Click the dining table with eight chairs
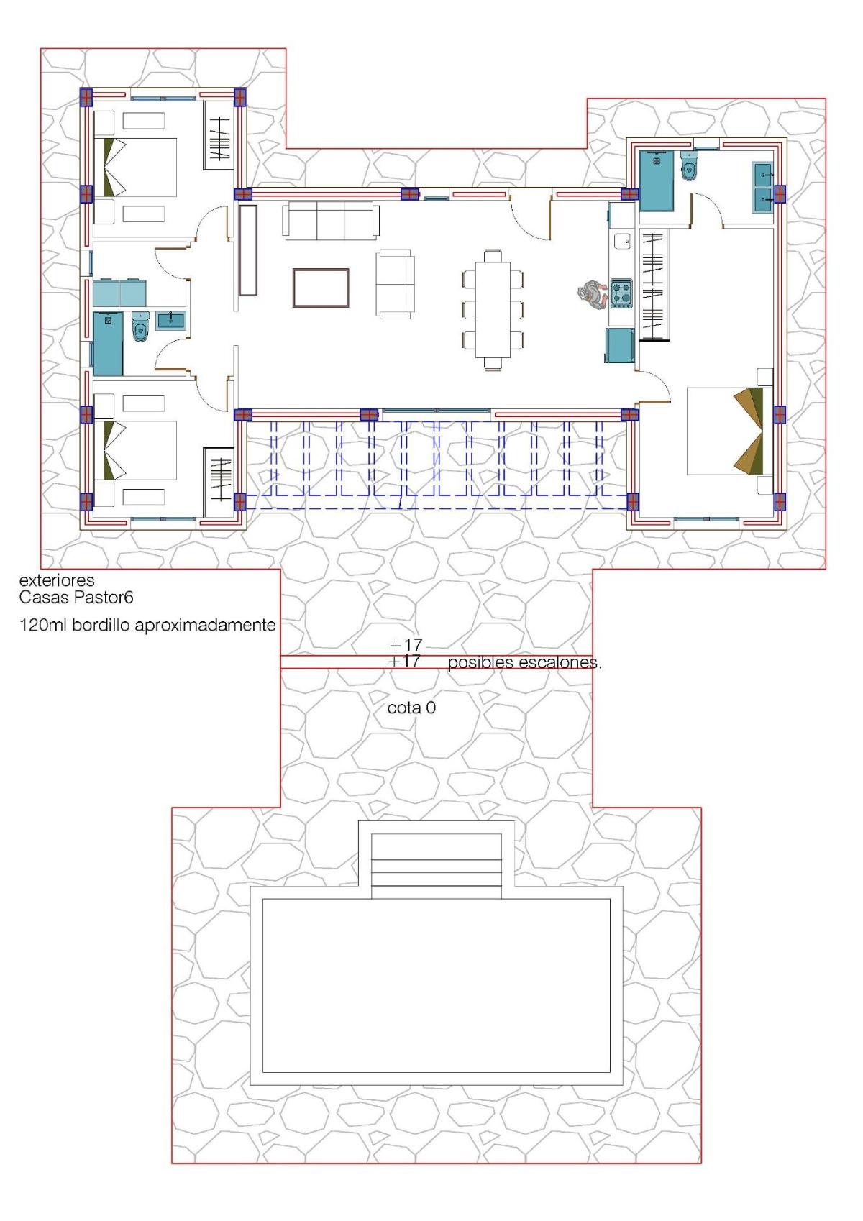tap(493, 309)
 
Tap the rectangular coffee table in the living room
tap(321, 288)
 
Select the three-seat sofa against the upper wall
tap(331, 220)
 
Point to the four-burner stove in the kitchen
tap(621, 294)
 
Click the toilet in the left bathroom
tap(140, 328)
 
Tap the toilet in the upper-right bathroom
tap(689, 167)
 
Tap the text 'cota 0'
tap(411, 708)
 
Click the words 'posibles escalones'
tap(524, 663)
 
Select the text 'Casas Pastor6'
tap(76, 598)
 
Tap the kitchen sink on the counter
tap(621, 242)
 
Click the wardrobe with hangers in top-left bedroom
tap(219, 135)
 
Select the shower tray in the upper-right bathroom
tap(657, 181)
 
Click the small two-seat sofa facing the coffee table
tap(395, 283)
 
